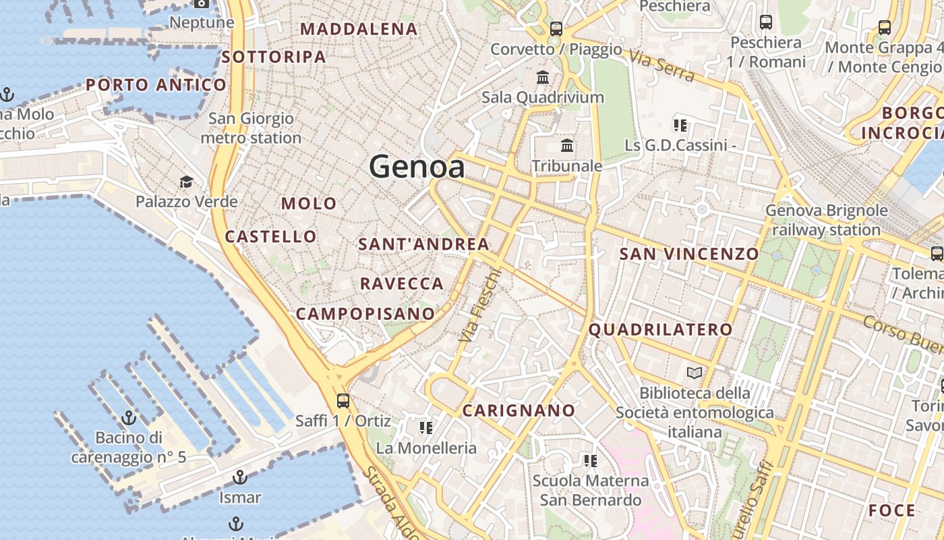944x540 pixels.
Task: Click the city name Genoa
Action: point(417,167)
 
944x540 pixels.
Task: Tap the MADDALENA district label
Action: point(359,29)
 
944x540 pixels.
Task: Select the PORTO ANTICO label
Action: point(156,85)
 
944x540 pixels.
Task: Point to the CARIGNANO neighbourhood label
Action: point(519,410)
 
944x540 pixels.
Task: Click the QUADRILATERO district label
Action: point(660,329)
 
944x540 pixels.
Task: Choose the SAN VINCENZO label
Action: point(688,254)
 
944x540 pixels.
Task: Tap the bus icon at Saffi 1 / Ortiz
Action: point(343,400)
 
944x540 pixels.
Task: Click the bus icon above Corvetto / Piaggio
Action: point(556,28)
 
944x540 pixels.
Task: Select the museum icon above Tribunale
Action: point(567,145)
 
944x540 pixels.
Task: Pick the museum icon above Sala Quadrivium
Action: point(543,77)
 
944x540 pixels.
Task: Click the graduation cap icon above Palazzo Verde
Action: point(186,182)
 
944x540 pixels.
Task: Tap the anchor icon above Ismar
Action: point(239,478)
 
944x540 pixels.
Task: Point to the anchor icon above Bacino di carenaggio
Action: point(128,418)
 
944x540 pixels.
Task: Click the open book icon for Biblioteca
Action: point(695,373)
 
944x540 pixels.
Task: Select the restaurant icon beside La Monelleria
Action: point(425,427)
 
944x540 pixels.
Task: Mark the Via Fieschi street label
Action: point(480,305)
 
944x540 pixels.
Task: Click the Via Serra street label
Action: point(662,65)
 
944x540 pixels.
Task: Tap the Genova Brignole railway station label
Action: point(826,220)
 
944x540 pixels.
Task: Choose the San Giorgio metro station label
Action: point(251,128)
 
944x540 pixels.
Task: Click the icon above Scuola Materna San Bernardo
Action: point(590,460)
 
